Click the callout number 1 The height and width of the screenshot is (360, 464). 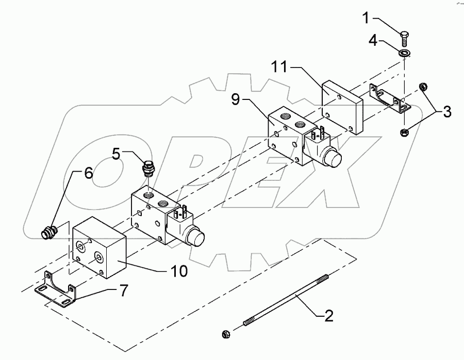[365, 20]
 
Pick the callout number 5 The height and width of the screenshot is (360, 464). [117, 153]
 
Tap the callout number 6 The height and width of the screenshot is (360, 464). [89, 174]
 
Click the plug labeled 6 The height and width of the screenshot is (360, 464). [48, 232]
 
